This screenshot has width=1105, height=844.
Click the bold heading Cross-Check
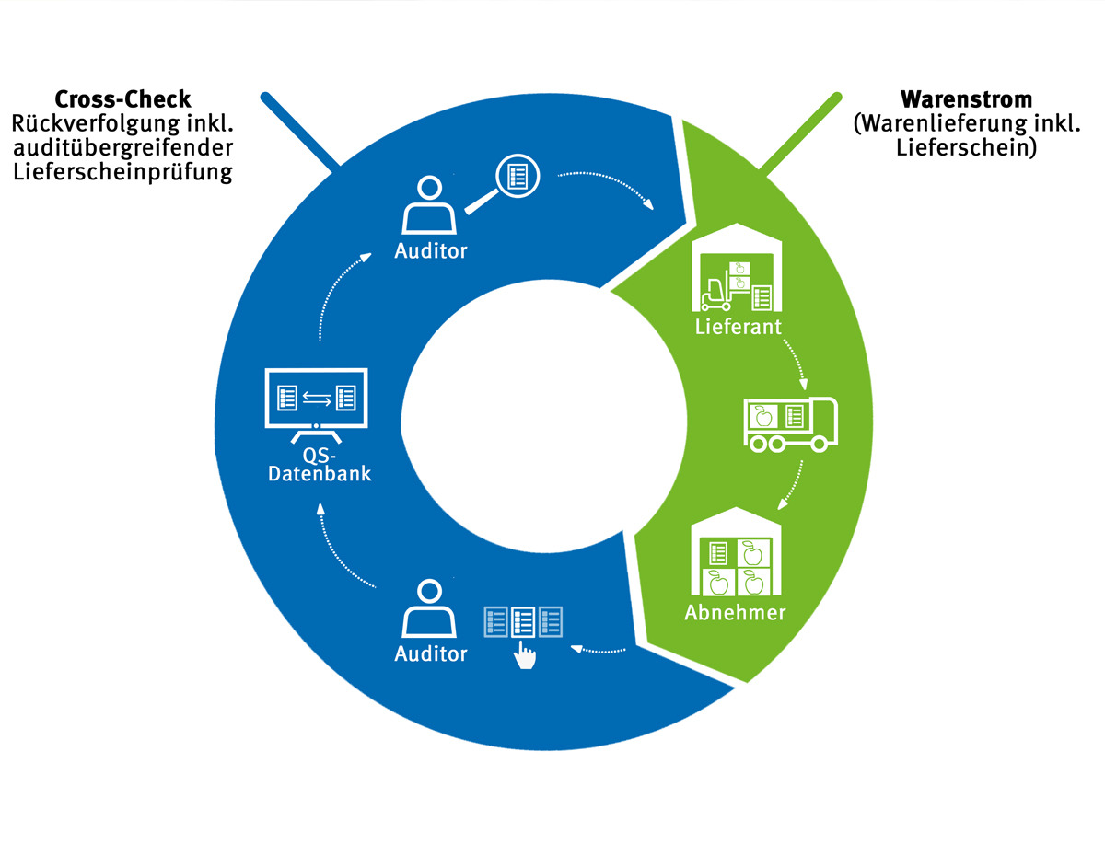click(123, 99)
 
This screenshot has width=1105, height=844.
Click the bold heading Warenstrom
click(966, 99)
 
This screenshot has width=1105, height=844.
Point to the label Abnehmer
click(735, 612)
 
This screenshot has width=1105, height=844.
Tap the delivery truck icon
click(790, 424)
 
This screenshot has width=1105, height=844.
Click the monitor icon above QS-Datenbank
click(316, 400)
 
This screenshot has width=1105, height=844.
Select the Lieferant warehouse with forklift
click(737, 272)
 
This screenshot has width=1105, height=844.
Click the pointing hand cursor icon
click(525, 655)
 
